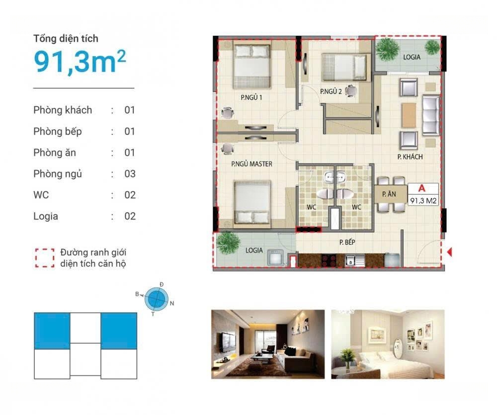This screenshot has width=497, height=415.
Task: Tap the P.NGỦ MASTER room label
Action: tap(251, 164)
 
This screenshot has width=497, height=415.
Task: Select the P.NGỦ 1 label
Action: tap(251, 97)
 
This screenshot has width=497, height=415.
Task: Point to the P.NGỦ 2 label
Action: tap(331, 91)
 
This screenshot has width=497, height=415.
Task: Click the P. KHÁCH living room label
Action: tap(410, 157)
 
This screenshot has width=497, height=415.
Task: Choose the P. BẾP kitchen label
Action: tap(347, 242)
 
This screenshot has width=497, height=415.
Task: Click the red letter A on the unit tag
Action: tap(422, 188)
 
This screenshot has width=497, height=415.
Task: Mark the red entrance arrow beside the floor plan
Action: tap(449, 252)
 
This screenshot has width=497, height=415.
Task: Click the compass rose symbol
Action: tap(156, 298)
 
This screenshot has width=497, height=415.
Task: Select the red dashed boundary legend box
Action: tap(45, 258)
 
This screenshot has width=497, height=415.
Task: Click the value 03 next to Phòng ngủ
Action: tap(130, 174)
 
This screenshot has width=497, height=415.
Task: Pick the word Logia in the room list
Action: tap(46, 216)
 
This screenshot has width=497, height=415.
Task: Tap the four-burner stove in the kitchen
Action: tap(329, 260)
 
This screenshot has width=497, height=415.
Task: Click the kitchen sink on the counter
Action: tap(355, 260)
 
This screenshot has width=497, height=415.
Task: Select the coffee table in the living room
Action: tap(409, 115)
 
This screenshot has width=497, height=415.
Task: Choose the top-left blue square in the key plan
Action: tap(52, 331)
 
